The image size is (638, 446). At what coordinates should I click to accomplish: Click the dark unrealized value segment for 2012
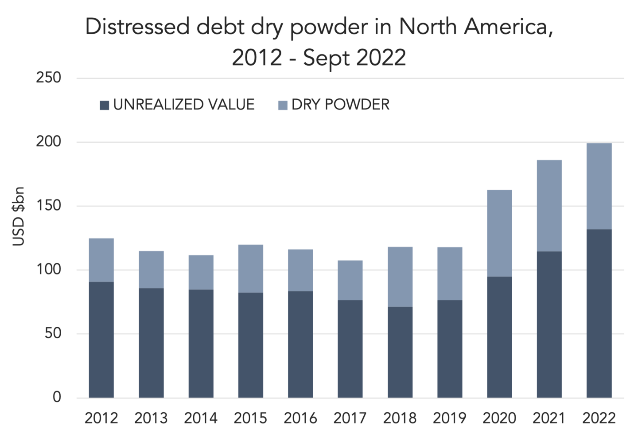pos(101,340)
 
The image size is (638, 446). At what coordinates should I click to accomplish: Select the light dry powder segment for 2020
pos(499,233)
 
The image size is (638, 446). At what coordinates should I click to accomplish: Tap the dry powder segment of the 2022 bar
pos(599,186)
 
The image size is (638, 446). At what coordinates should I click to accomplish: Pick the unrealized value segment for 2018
pos(400,352)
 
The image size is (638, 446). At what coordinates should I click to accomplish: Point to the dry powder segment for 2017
pos(350,280)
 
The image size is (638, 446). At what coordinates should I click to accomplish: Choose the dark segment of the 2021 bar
pos(549,325)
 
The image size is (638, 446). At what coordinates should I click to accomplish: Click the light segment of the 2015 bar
pos(251,269)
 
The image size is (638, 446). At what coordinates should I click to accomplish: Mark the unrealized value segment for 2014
pos(201,344)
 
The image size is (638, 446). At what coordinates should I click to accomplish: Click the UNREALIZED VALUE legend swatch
pos(105,105)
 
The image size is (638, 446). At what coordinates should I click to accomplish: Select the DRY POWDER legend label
pos(340,105)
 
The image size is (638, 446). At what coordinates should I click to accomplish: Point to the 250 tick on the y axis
pos(48,78)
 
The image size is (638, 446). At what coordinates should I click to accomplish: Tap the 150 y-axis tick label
pos(49,205)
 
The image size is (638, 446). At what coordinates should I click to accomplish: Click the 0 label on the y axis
pos(57,397)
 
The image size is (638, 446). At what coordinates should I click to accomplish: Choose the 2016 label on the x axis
pos(300,419)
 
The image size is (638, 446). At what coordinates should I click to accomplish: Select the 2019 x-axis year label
pos(449,419)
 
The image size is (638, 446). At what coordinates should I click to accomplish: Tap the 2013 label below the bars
pos(151,419)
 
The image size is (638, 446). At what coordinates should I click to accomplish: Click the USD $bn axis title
pos(19,216)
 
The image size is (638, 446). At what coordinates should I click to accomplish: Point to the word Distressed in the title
pos(137,27)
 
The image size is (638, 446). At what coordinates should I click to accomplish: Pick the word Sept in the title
pos(326,58)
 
